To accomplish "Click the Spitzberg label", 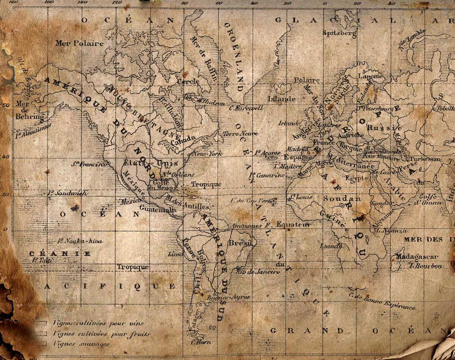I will (339, 34).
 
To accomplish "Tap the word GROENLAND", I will (234, 57).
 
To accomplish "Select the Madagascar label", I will (417, 257).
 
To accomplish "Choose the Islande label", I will (281, 99).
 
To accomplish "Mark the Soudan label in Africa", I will (336, 199).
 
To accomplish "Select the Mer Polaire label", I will (79, 43).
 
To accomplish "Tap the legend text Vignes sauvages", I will (82, 344).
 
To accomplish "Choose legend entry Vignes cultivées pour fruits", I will (102, 334).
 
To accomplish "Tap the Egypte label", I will (356, 178).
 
